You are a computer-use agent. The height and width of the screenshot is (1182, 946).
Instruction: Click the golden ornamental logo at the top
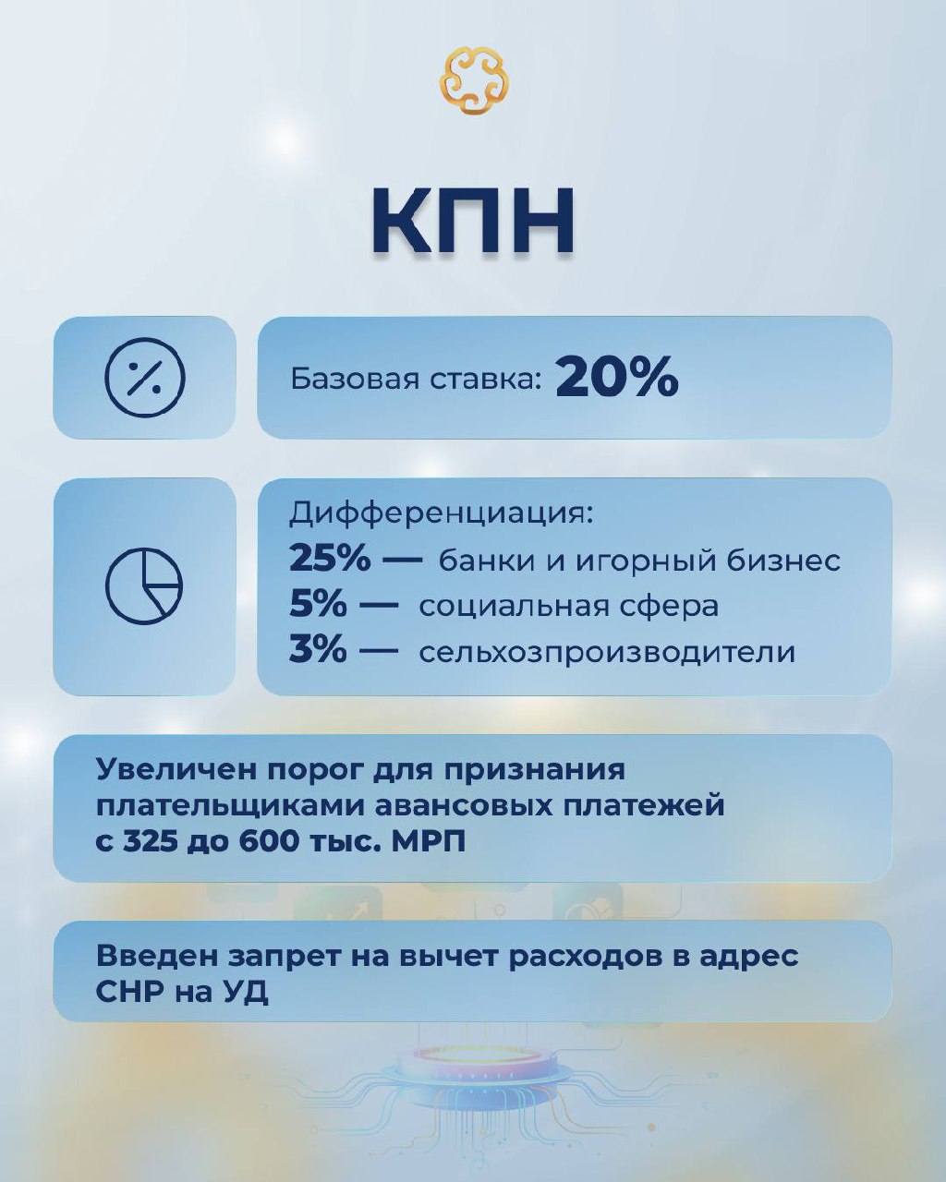coord(473,80)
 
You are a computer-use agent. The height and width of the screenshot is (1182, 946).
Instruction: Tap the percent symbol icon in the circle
coord(144,378)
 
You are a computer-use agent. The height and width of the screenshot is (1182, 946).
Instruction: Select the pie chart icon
coord(144,586)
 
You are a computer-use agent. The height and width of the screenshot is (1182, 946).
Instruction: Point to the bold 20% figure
coord(617,377)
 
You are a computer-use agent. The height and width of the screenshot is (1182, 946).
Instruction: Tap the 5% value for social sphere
coord(319,605)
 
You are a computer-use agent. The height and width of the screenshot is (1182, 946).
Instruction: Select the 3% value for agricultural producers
coord(319,651)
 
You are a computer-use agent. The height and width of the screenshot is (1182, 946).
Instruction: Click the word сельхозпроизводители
coord(607,653)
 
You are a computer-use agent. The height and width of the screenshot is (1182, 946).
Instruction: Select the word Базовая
coord(355,379)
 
